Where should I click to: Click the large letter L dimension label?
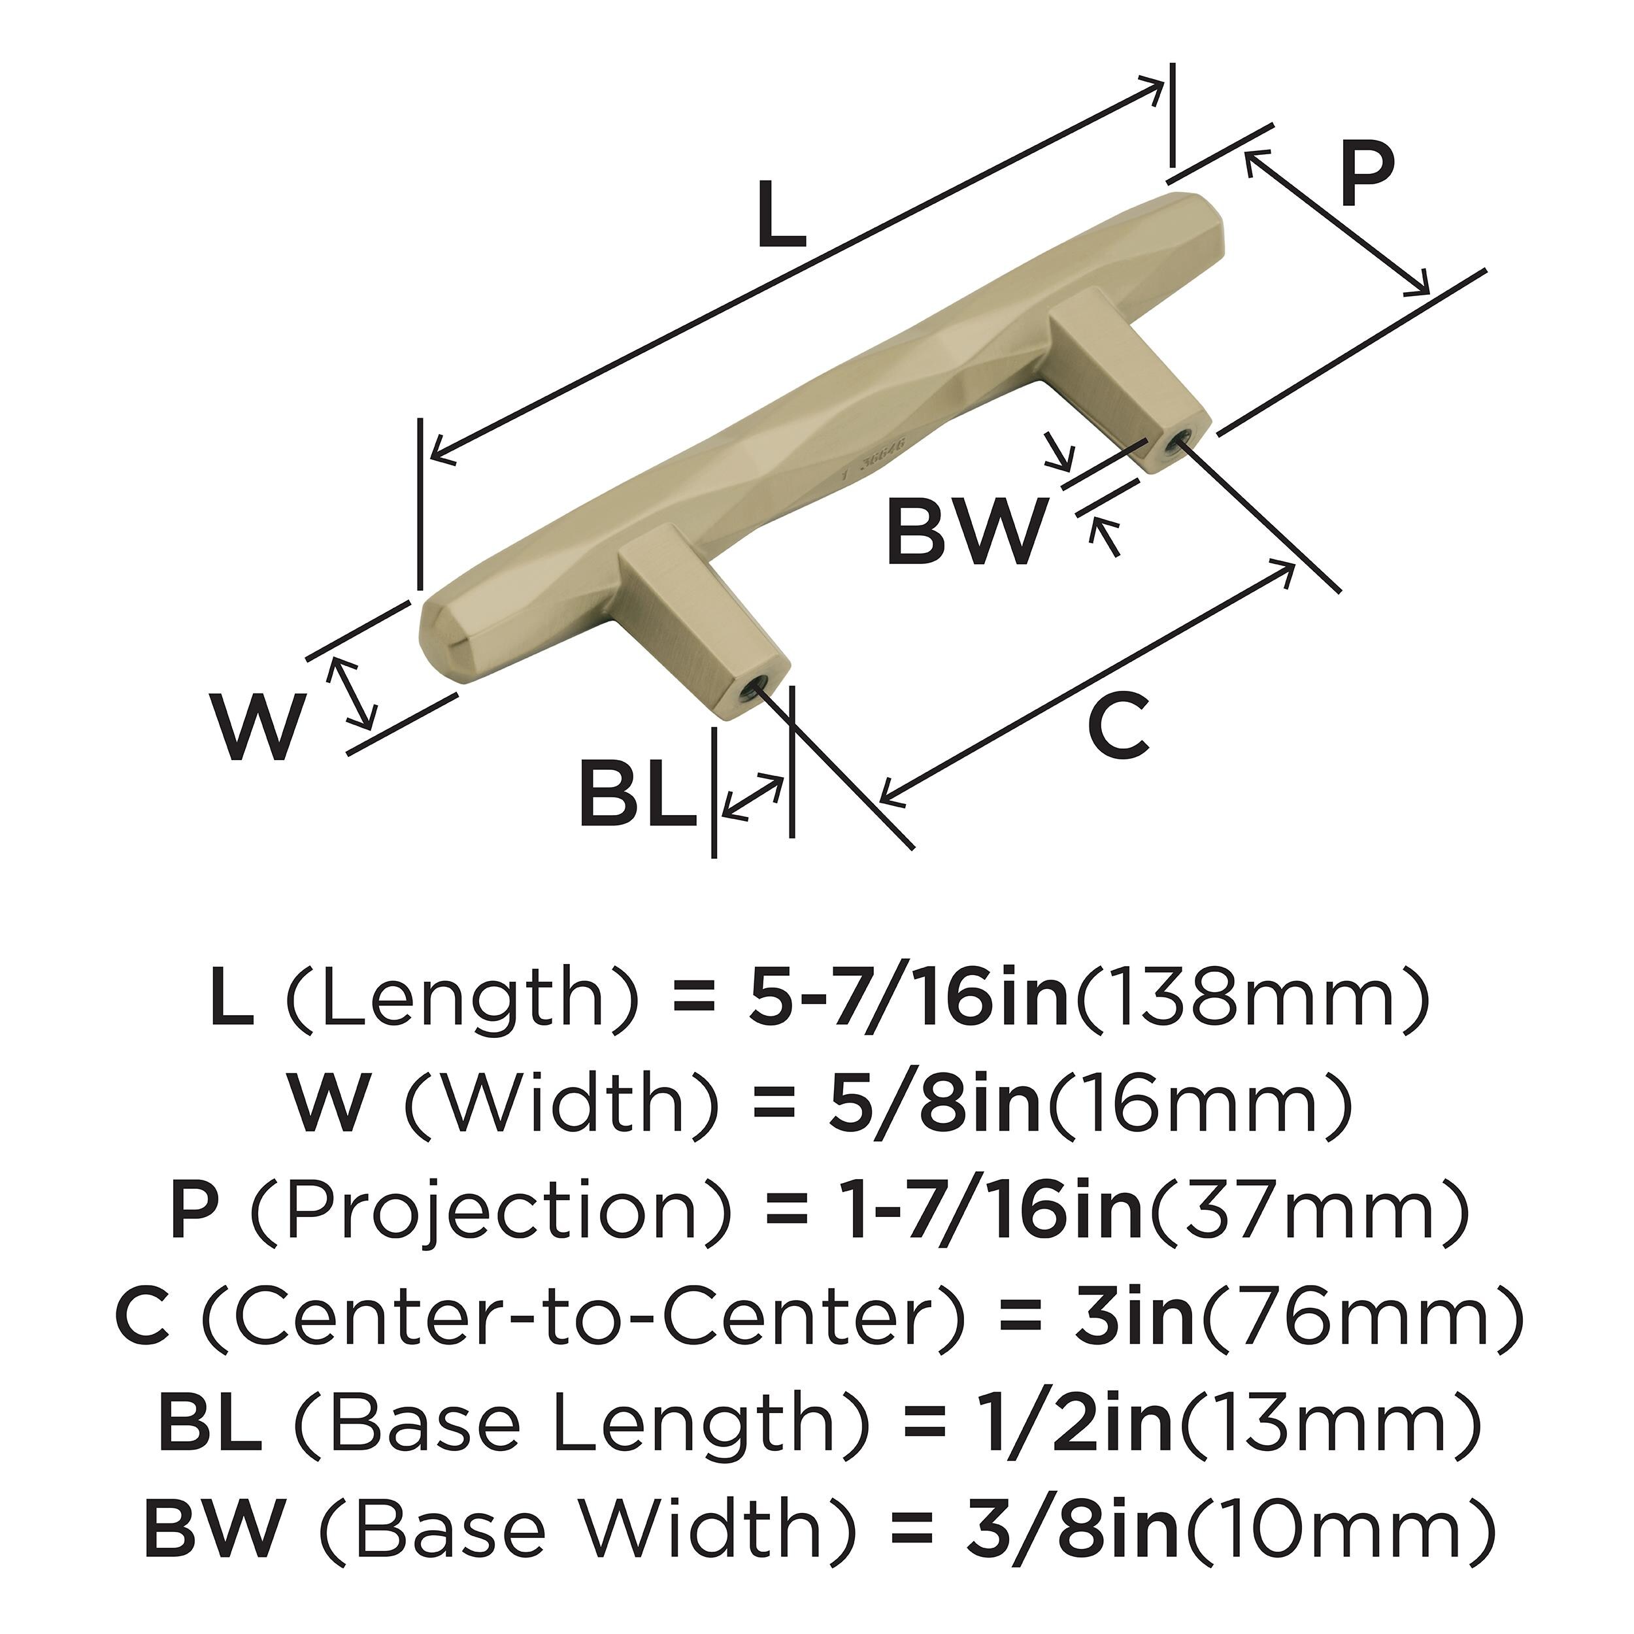(780, 215)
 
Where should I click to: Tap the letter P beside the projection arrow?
(1366, 175)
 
